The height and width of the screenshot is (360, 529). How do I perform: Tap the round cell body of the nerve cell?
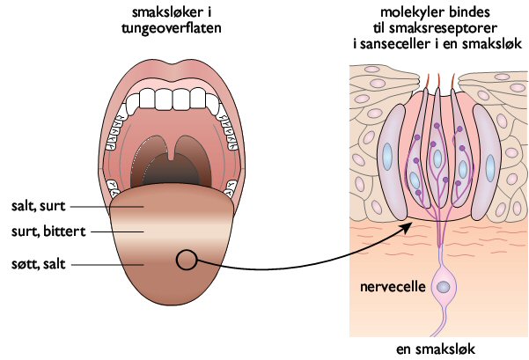[445, 287]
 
